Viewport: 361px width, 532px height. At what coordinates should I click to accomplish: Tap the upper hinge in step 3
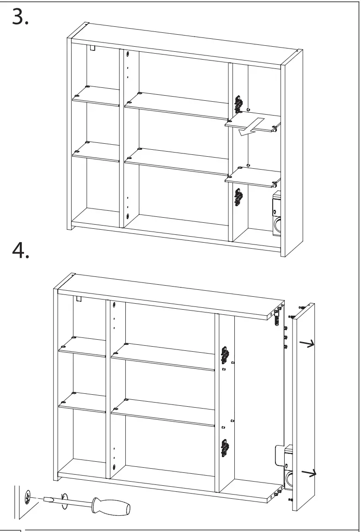click(x=239, y=104)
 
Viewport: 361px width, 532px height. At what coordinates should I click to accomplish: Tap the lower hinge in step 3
click(x=239, y=196)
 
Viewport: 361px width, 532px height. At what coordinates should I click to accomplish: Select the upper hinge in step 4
click(x=225, y=355)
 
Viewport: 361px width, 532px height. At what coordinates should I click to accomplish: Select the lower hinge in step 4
click(x=225, y=447)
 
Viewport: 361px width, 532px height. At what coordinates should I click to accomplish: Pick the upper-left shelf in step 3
click(x=96, y=96)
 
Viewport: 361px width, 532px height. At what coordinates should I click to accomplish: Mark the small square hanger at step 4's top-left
click(x=79, y=299)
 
